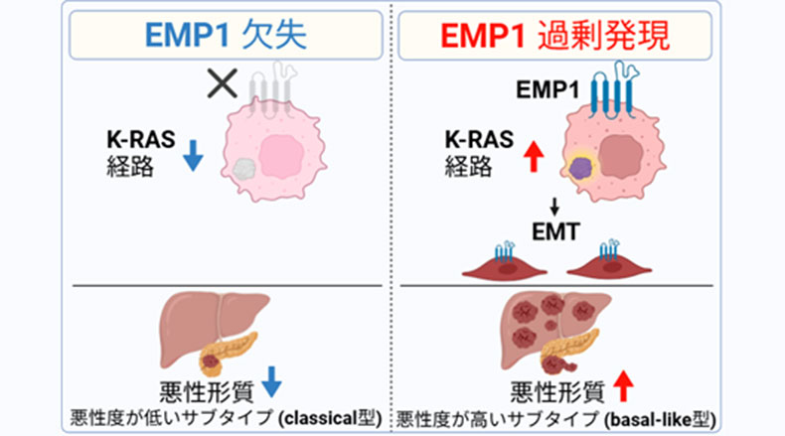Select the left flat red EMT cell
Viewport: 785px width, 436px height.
505,265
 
